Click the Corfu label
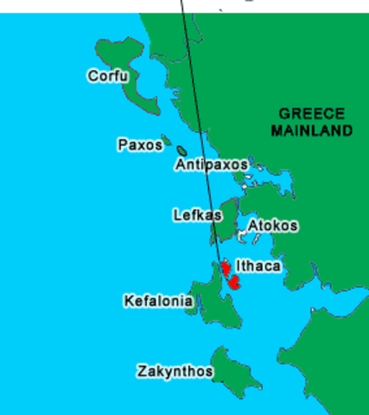(x=107, y=76)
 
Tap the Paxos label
(x=139, y=144)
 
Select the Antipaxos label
(x=211, y=164)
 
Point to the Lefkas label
(x=196, y=214)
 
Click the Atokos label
(x=273, y=226)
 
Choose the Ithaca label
(x=258, y=265)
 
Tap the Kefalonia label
(x=158, y=301)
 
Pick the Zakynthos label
(x=175, y=371)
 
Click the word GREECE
(x=312, y=113)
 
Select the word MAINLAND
(x=312, y=131)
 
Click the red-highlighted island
(x=232, y=278)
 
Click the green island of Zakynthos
(x=231, y=372)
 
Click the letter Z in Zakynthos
(x=142, y=371)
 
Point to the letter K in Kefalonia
(x=129, y=301)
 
